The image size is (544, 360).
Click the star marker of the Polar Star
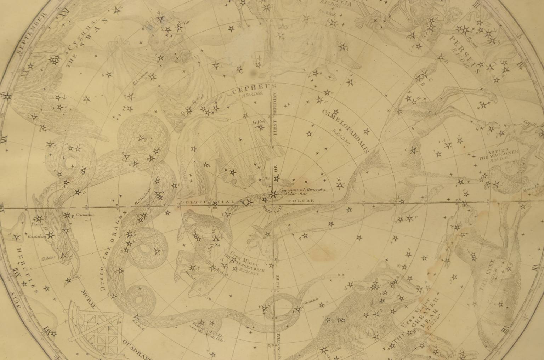point(273,194)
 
